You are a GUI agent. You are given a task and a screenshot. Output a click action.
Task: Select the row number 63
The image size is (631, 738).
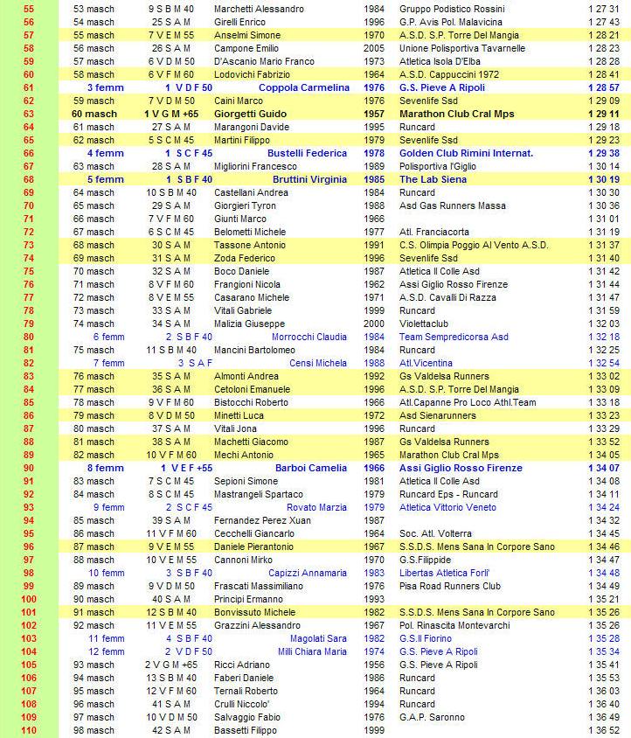point(29,114)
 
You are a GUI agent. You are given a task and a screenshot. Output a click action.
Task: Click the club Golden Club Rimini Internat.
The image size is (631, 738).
point(466,153)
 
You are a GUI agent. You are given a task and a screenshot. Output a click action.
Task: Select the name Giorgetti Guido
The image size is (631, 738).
point(248,114)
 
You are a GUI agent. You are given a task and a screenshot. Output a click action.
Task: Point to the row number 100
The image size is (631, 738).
point(29,599)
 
